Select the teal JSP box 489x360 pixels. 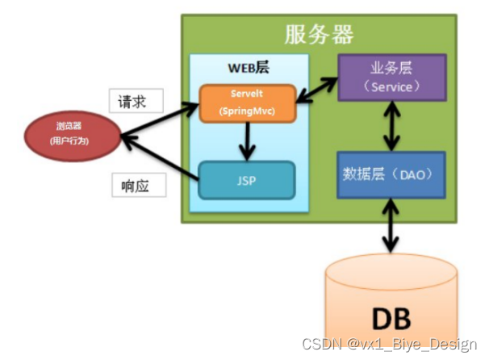[x=247, y=180]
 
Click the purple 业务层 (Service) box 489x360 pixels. [x=391, y=77]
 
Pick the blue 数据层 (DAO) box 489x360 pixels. [x=391, y=174]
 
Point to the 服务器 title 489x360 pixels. [x=320, y=34]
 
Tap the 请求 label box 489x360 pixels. [x=136, y=102]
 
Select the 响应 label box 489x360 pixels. [x=138, y=185]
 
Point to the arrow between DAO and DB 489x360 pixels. [x=391, y=227]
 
